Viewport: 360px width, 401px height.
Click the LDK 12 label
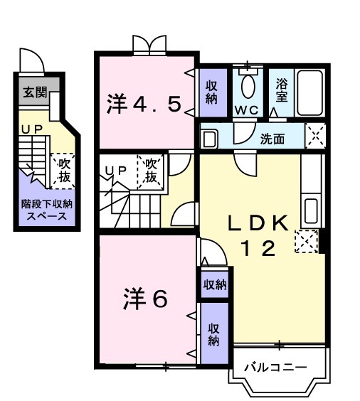258,235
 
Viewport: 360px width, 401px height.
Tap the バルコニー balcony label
276,368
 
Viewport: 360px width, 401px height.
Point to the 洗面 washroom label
272,139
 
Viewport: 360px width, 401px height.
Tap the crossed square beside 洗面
315,135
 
